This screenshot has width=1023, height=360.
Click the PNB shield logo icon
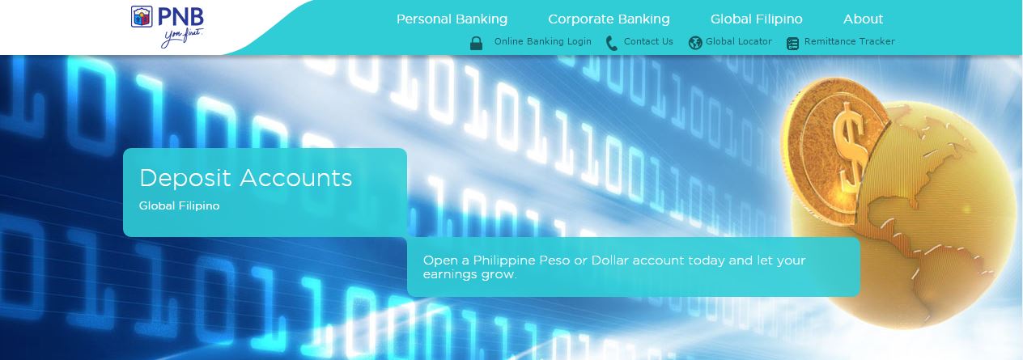coord(142,16)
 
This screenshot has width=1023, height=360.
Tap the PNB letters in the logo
coord(180,17)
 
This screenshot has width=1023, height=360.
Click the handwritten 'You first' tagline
coord(183,38)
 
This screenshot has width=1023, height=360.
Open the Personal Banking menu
coord(452,19)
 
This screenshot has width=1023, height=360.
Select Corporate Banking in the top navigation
coord(609,19)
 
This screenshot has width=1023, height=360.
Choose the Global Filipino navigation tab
coord(756,19)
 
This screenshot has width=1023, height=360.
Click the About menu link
coord(863,19)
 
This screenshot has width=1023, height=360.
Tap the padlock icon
coord(477,43)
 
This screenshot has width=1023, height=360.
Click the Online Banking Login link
coord(542,41)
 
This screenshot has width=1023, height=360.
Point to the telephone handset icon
coord(612,44)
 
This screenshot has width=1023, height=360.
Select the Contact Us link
coord(648,41)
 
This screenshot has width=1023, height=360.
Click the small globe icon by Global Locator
coord(695,43)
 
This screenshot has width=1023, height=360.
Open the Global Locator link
coord(738,41)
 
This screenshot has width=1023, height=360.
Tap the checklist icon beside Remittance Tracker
coord(793,44)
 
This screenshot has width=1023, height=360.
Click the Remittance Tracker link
coord(850,41)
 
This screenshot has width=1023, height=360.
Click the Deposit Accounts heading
coord(246,178)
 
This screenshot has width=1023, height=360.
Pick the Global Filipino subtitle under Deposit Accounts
coord(179,205)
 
